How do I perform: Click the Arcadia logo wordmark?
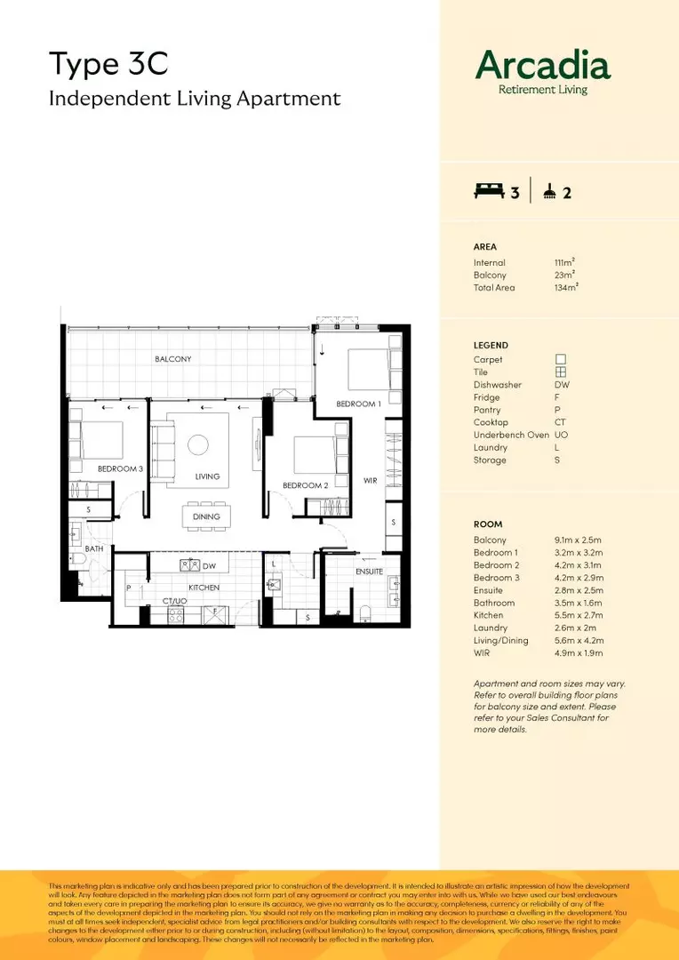click(x=543, y=65)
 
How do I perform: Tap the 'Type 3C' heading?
click(x=108, y=64)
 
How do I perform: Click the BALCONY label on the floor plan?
click(x=172, y=359)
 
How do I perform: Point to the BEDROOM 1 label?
click(x=358, y=404)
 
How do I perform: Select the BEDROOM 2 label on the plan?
click(x=306, y=485)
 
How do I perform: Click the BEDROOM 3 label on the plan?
click(x=120, y=468)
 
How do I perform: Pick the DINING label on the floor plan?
click(x=206, y=516)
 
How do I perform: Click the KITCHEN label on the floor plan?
click(x=204, y=588)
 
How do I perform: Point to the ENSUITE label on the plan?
click(x=369, y=572)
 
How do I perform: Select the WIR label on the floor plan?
click(x=371, y=481)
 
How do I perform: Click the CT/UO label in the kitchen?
click(x=174, y=602)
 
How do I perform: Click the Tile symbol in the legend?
click(x=561, y=372)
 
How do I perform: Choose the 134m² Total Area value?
click(x=566, y=288)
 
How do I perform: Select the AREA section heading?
click(x=485, y=247)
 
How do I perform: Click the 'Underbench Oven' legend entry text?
click(x=511, y=435)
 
